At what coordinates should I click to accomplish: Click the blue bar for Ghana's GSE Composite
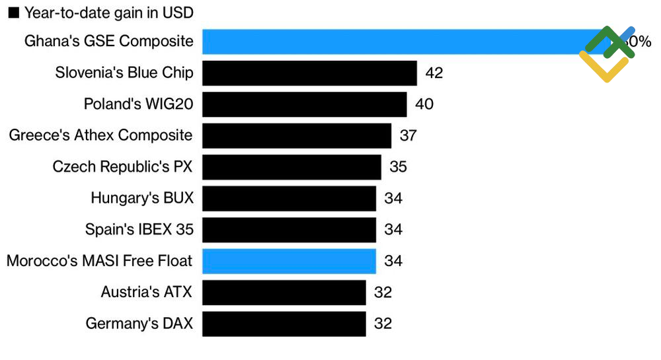397,42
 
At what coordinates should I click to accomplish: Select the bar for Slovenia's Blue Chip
309,73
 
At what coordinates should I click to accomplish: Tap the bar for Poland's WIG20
304,104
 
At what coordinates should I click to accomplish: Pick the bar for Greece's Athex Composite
297,135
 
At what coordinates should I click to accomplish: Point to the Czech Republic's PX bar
292,166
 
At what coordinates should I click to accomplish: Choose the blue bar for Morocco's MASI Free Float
289,261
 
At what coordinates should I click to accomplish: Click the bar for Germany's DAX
284,324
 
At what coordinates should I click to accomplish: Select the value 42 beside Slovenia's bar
434,73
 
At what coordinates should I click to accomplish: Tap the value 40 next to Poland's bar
424,104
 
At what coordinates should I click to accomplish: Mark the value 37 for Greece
408,135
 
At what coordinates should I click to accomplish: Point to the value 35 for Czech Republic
398,166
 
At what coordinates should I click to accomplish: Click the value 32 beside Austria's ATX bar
383,293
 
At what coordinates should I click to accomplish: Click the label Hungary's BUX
142,198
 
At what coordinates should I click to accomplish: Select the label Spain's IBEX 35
139,229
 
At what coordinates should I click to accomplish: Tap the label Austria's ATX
147,293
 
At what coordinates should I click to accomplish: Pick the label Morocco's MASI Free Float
100,261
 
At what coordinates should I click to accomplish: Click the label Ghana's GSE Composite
109,42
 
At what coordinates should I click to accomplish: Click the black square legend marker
13,13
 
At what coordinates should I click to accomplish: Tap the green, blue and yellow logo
609,53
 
